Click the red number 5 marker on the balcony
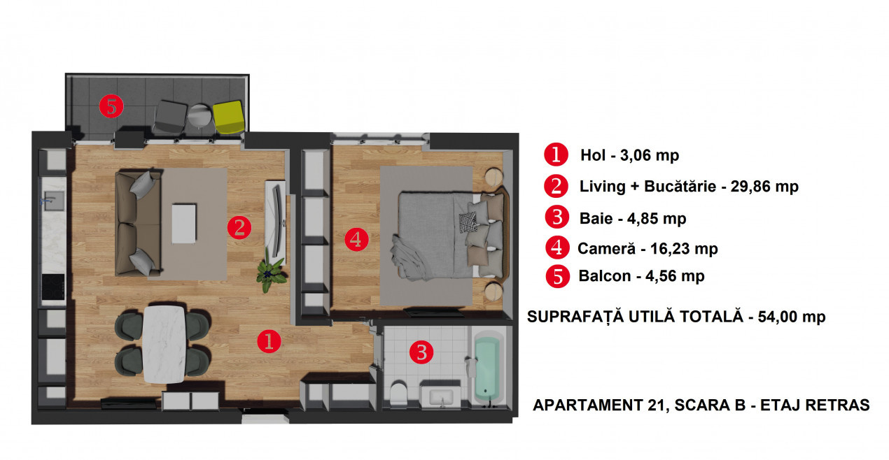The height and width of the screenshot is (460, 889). coord(111,106)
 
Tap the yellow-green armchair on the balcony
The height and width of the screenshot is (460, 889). coord(229,117)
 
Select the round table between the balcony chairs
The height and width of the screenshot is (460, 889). coord(200,115)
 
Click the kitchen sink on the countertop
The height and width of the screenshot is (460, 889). coord(54,201)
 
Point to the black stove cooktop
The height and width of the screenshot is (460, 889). coord(53,287)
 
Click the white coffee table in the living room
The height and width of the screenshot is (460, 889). coord(184,224)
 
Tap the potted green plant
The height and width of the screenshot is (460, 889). coord(271,273)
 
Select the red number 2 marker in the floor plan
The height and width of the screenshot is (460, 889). coord(239,227)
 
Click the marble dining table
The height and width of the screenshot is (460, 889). coord(164,345)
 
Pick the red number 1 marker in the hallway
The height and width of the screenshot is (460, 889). coord(269,341)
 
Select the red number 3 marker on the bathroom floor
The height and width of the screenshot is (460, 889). coord(421,352)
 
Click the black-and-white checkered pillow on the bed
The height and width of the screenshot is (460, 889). coord(468,222)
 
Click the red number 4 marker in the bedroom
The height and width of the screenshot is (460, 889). coord(356,239)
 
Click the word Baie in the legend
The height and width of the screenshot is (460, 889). coord(596,218)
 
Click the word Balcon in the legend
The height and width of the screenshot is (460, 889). coord(604,276)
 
